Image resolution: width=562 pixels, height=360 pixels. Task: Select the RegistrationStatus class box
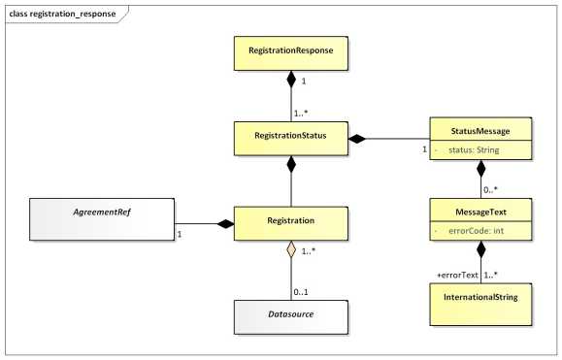tap(293, 138)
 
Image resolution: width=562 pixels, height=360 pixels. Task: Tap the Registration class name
tap(293, 220)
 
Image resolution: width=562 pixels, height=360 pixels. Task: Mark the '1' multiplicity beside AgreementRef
tap(180, 234)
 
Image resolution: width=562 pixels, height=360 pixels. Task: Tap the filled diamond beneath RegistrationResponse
tap(293, 82)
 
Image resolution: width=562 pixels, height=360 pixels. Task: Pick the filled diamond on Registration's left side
tap(225, 224)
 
